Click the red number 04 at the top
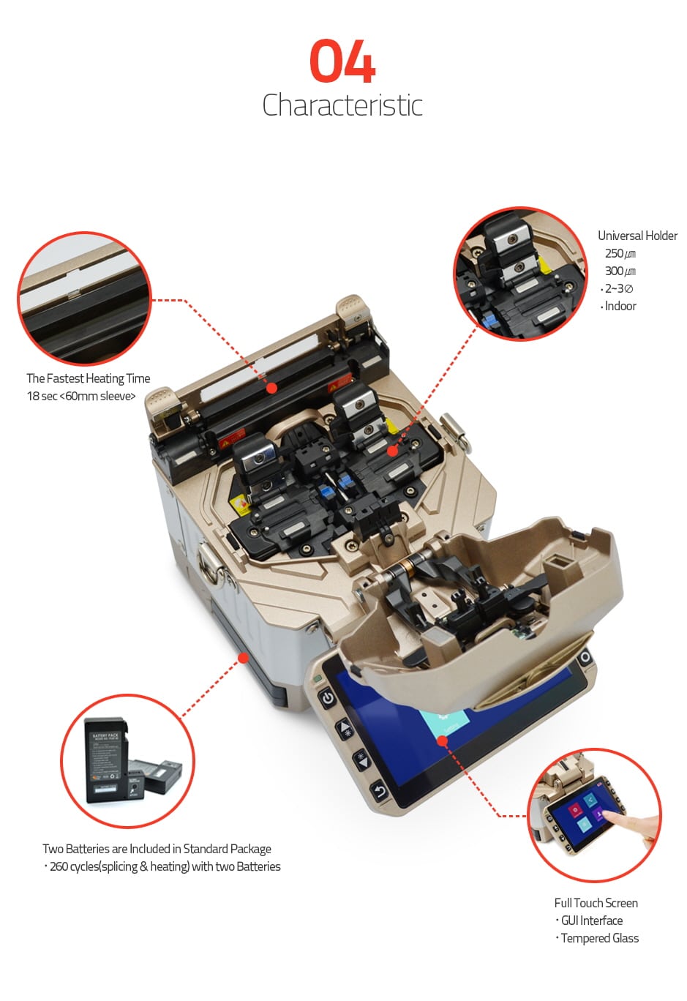coord(342,61)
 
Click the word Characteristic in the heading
coord(342,105)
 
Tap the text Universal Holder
coord(637,236)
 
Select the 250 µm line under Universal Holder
coord(620,253)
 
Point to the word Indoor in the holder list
coord(620,306)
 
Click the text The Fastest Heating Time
coord(89,378)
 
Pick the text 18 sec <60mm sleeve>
coord(81,396)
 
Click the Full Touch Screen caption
coord(596,903)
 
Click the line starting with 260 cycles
coord(165,866)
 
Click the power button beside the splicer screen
coord(329,697)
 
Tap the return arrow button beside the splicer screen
coord(380,792)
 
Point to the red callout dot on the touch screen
coord(442,741)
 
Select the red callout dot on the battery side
coord(243,657)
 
